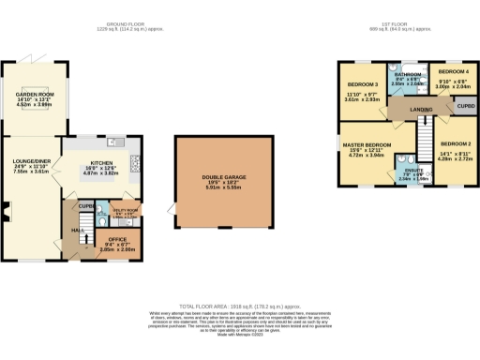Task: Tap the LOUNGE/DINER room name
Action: [x=28, y=161]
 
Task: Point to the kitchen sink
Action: [x=115, y=142]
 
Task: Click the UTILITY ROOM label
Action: [x=124, y=209]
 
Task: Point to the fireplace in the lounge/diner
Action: [x=6, y=217]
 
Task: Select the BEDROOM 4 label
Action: [x=453, y=71]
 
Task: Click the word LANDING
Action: [x=420, y=110]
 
